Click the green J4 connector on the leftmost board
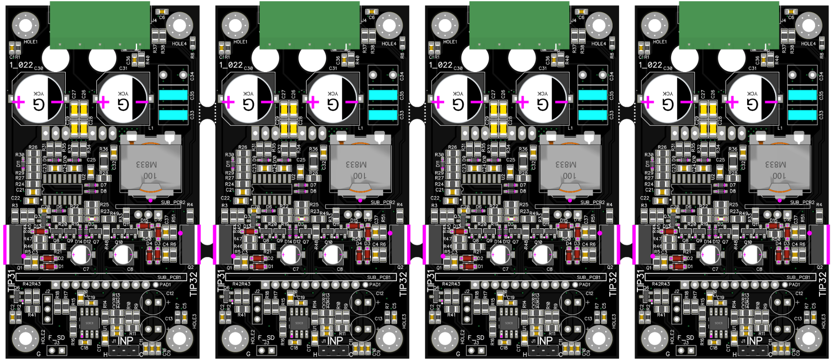pos(100,25)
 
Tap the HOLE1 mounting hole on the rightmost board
pos(655,25)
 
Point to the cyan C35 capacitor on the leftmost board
pos(173,95)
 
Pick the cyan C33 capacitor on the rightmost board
pos(802,115)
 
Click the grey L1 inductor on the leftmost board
pos(150,165)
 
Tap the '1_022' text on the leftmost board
pos(21,65)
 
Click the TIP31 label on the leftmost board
pos(12,281)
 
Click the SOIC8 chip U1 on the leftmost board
pos(89,323)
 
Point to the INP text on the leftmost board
pos(125,341)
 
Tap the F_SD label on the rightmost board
pos(685,338)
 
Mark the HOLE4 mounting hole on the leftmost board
pos(180,25)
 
